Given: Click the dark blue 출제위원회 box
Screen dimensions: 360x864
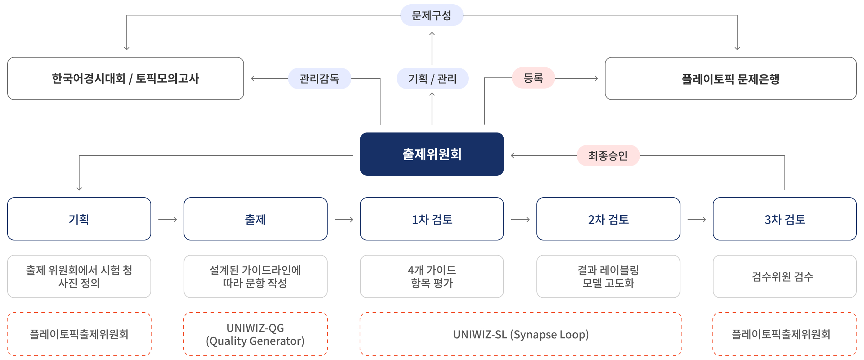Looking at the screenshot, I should point(432,154).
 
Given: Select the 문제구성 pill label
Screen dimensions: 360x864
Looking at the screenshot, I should point(432,15).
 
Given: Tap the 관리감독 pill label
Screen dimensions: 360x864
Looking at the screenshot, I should point(319,78).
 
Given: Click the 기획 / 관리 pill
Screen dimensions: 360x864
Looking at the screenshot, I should point(432,78).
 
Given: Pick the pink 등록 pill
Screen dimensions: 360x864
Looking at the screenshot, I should point(533,78).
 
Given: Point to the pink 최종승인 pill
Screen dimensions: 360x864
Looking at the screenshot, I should point(608,156).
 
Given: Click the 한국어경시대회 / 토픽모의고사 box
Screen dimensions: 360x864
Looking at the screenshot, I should point(125,78).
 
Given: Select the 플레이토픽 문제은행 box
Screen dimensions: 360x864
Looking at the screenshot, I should point(730,78).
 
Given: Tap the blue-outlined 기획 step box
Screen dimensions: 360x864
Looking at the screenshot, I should point(79,219).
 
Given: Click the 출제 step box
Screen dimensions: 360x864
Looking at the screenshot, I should point(256,219).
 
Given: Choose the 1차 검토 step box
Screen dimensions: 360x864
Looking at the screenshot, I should point(432,219).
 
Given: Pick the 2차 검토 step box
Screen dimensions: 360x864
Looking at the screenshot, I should point(608,219).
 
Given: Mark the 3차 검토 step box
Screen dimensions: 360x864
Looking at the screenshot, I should point(785,219).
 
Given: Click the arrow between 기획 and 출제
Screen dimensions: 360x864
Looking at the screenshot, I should point(168,220).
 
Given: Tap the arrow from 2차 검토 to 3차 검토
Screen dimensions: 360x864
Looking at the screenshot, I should point(697,220).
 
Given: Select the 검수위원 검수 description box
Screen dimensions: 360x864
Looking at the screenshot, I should point(785,276).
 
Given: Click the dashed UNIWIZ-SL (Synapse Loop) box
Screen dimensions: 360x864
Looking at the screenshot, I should point(521,334).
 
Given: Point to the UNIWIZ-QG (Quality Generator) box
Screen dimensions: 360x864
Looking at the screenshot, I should point(256,334).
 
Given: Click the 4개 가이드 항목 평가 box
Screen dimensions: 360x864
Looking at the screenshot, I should point(432,276).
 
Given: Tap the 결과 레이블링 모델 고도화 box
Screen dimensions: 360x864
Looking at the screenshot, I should point(608,276).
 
